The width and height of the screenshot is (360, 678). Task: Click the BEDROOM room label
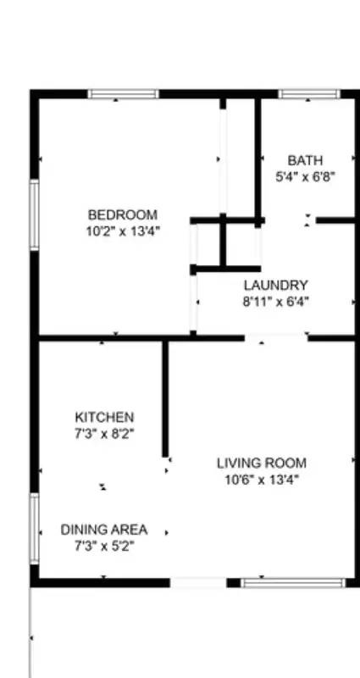[123, 215]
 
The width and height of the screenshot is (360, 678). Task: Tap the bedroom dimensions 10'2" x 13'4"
[123, 230]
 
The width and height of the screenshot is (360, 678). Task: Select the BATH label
[305, 160]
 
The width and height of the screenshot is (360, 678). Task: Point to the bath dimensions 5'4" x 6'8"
[305, 175]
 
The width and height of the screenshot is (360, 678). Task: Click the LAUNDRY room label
[275, 286]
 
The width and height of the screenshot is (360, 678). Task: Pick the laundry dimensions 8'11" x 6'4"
[275, 300]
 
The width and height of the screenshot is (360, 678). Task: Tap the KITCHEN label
[104, 418]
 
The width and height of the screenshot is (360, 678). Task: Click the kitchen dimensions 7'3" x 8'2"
[104, 432]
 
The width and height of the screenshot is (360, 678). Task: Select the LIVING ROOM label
[261, 464]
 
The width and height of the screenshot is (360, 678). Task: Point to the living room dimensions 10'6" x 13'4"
[261, 479]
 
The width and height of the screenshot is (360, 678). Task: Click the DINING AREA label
[104, 531]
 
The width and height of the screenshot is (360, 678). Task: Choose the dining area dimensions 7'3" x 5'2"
[104, 546]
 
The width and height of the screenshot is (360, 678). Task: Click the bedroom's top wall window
[123, 94]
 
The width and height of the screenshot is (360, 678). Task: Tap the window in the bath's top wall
[308, 94]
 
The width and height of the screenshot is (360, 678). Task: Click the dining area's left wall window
[35, 529]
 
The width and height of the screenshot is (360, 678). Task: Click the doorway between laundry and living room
[276, 337]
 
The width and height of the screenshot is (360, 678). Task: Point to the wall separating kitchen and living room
[165, 398]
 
